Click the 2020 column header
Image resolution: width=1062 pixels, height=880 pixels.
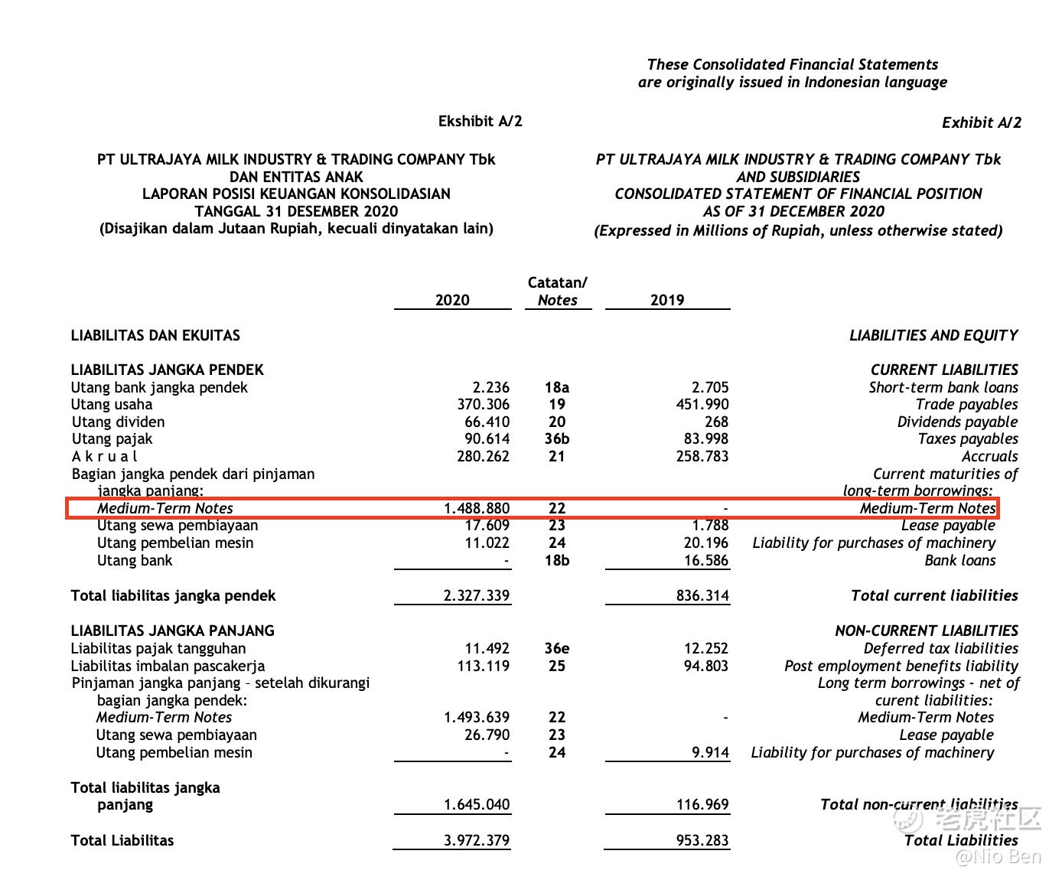[x=452, y=300]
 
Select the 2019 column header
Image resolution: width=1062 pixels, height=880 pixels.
[x=667, y=300]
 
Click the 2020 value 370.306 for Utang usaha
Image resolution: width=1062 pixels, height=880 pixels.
[x=484, y=404]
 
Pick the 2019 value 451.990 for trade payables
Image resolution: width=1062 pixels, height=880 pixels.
[x=702, y=404]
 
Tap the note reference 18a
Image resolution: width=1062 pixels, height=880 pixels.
[x=557, y=387]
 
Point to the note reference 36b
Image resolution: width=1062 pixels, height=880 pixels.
[x=557, y=438]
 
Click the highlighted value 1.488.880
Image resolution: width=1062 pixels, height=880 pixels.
[x=477, y=508]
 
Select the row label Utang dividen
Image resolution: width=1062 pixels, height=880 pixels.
[x=118, y=422]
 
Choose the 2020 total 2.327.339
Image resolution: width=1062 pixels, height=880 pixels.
[x=477, y=595]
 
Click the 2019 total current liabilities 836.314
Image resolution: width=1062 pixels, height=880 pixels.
[x=702, y=595]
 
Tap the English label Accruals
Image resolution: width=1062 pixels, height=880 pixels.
[x=989, y=456]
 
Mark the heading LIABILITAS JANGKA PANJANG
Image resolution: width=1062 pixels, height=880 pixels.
[x=172, y=631]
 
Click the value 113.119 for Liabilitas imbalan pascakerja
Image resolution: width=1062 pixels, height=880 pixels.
[x=484, y=666]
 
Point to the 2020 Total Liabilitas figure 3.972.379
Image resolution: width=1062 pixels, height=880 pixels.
[x=477, y=840]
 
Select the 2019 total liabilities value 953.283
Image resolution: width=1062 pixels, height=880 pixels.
[x=702, y=840]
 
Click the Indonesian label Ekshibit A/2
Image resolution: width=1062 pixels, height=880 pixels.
[x=480, y=121]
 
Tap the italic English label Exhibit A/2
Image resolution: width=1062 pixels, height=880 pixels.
[x=981, y=122]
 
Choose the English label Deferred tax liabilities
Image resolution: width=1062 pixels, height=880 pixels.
[x=940, y=648]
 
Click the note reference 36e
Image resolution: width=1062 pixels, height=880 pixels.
[x=557, y=648]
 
